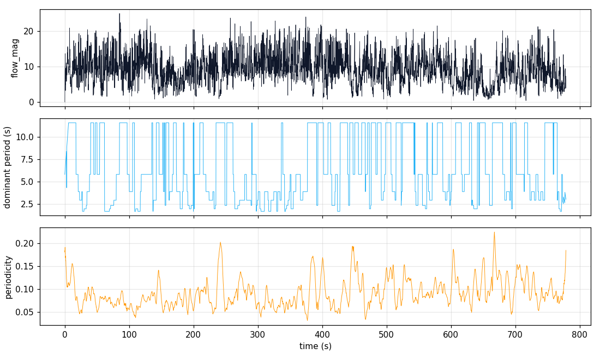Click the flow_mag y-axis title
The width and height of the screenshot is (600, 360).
click(x=15, y=58)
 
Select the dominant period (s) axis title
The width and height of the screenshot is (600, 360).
click(x=8, y=167)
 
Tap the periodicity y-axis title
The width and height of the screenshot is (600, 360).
click(x=8, y=277)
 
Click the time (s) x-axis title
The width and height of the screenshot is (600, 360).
click(x=315, y=346)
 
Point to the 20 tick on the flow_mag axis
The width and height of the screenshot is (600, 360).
click(x=29, y=31)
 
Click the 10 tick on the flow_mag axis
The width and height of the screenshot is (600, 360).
click(x=29, y=67)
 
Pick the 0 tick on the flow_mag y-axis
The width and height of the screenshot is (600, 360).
click(x=32, y=102)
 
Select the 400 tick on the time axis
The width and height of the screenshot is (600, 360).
click(x=322, y=333)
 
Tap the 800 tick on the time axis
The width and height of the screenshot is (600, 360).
click(x=579, y=333)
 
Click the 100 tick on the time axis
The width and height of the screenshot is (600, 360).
click(x=129, y=333)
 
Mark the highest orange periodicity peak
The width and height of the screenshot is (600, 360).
click(x=494, y=232)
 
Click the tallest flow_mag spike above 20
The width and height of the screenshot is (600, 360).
click(x=119, y=14)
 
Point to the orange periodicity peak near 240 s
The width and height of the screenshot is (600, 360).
click(x=220, y=243)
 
